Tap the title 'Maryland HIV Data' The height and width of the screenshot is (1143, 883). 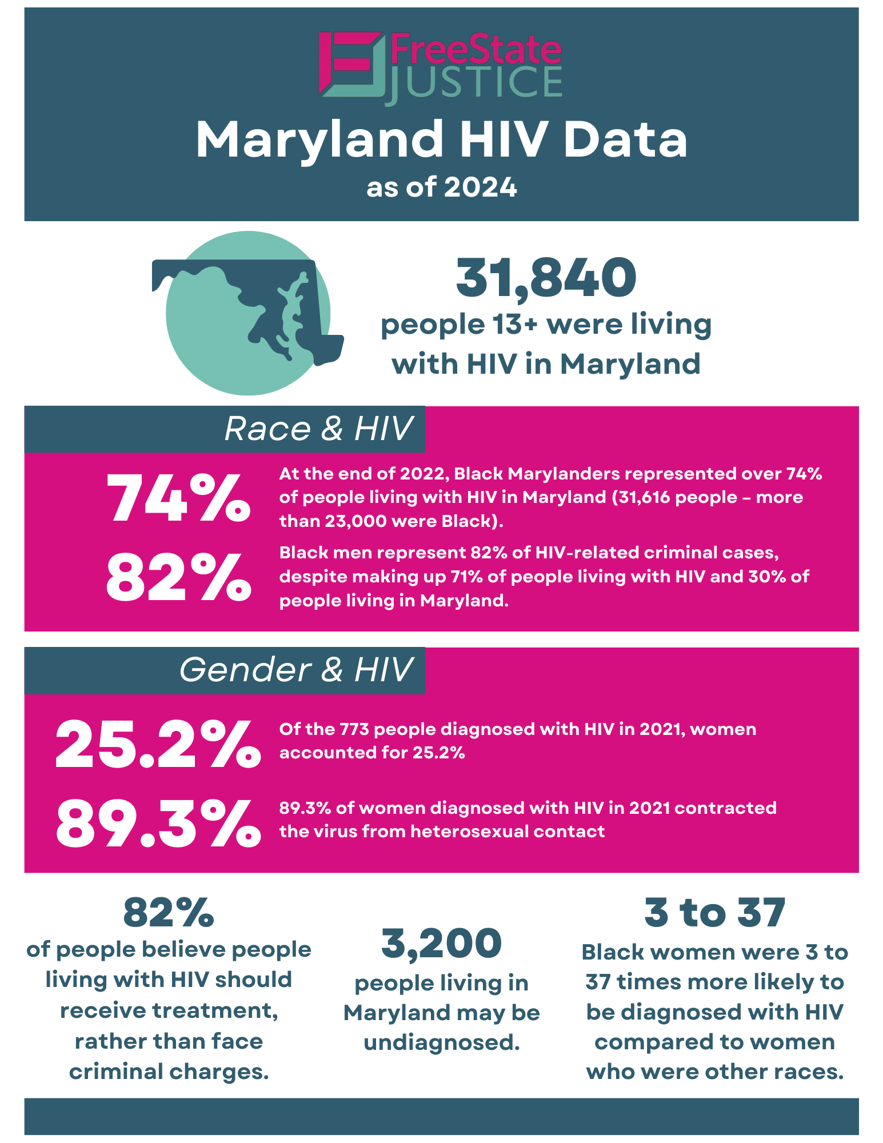pyautogui.click(x=441, y=139)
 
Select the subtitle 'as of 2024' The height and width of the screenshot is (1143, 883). pyautogui.click(x=441, y=187)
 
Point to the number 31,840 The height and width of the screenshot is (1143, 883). pyautogui.click(x=546, y=278)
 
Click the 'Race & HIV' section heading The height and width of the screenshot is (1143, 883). pyautogui.click(x=318, y=429)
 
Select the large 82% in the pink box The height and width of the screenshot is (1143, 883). pyautogui.click(x=178, y=577)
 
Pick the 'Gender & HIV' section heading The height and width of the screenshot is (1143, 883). pyautogui.click(x=295, y=670)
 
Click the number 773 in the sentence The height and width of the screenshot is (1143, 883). pyautogui.click(x=354, y=729)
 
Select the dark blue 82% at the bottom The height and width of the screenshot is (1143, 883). pyautogui.click(x=169, y=913)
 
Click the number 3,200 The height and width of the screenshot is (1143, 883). pyautogui.click(x=441, y=944)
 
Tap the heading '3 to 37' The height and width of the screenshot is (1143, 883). pyautogui.click(x=714, y=913)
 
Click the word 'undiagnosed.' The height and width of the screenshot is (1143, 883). pyautogui.click(x=441, y=1042)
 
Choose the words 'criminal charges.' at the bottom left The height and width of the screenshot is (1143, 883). pyautogui.click(x=169, y=1072)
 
